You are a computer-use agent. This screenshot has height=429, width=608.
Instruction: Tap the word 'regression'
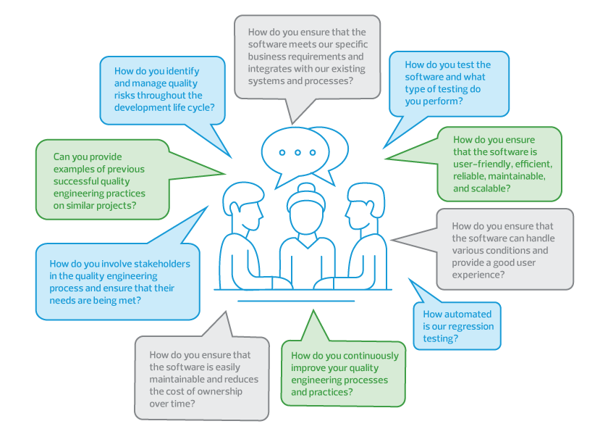(x=471, y=326)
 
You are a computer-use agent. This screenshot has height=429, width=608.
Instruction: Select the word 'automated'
(x=467, y=315)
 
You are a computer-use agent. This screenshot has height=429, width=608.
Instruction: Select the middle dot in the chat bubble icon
(x=297, y=153)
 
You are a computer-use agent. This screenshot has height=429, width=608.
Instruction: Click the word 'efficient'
(x=530, y=164)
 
